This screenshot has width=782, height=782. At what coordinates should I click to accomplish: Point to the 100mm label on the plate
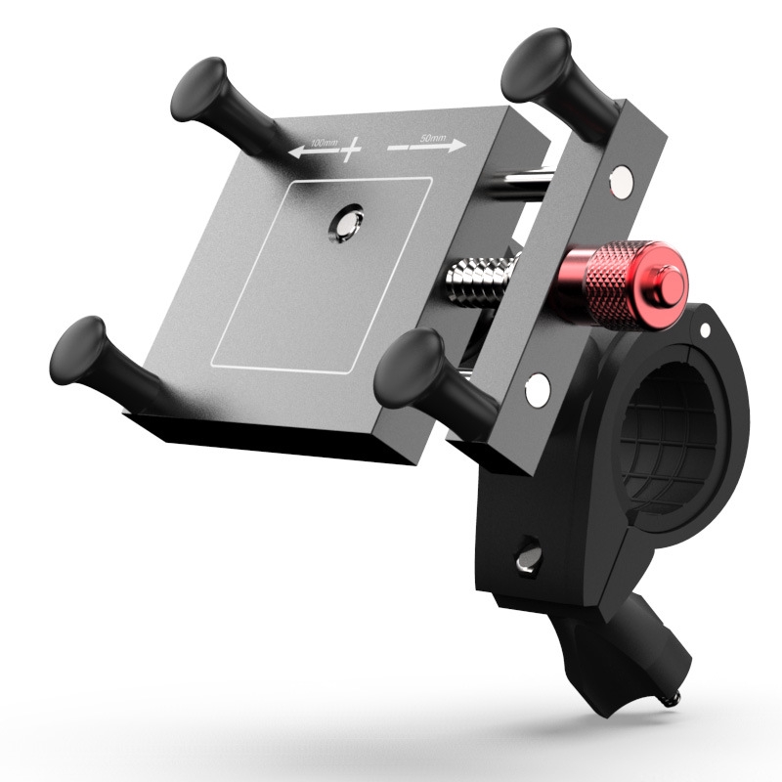[324, 145]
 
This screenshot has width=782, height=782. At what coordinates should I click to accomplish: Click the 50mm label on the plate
[430, 139]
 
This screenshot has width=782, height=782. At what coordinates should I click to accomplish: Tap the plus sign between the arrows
[349, 149]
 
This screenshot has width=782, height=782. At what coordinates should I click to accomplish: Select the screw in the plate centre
[345, 224]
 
